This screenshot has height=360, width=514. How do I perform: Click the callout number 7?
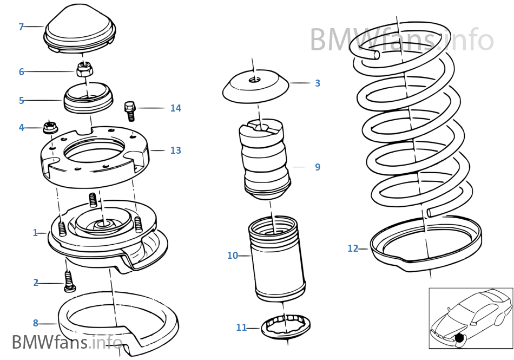[x=21, y=27]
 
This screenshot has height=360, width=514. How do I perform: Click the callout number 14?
[x=175, y=108]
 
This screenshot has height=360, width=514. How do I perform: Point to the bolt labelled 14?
[x=129, y=109]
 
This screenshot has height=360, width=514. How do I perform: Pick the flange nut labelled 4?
[x=49, y=128]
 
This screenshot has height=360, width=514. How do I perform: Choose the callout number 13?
[x=175, y=150]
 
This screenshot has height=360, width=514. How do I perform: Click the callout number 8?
[x=36, y=323]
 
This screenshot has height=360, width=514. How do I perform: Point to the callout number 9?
[x=318, y=167]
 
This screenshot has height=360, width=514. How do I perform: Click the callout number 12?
[x=353, y=248]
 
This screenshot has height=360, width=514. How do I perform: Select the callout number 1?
[x=36, y=233]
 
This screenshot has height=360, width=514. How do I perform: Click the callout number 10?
[x=232, y=256]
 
